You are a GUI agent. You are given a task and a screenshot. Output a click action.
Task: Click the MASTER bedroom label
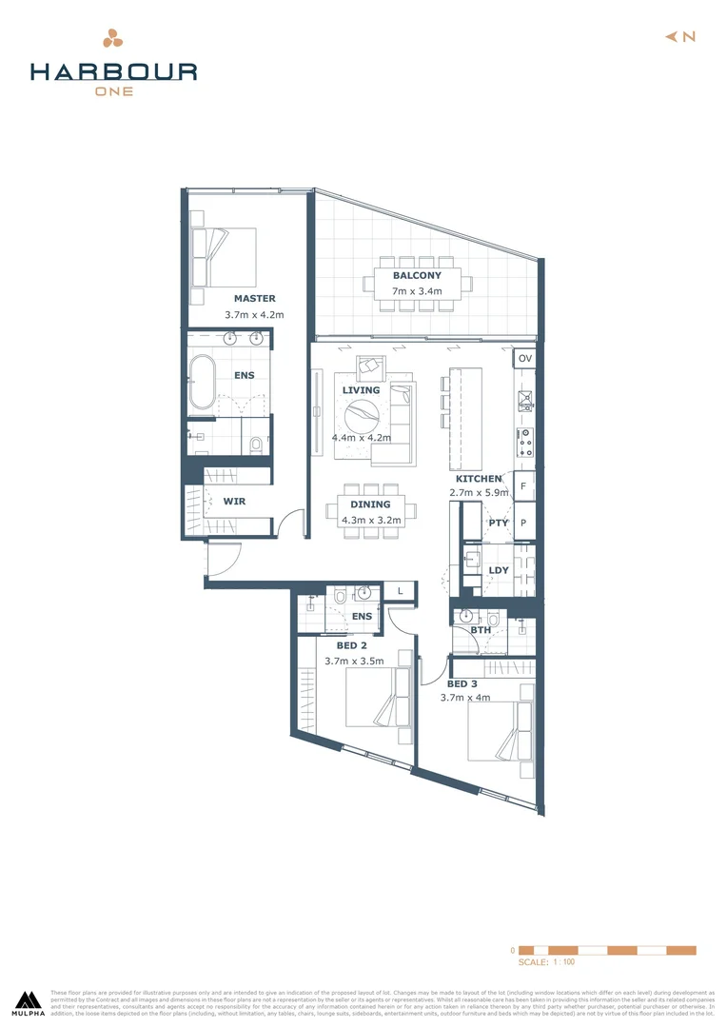click(254, 298)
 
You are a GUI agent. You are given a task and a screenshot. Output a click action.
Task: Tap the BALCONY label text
click(417, 275)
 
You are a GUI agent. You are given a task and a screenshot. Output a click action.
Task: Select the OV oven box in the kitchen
click(525, 359)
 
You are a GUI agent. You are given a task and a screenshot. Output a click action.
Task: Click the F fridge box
click(524, 485)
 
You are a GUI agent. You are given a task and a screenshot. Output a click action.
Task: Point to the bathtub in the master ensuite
click(203, 383)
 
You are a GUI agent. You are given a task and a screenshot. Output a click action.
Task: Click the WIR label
click(235, 500)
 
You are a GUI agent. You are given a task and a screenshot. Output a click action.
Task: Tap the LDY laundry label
click(498, 571)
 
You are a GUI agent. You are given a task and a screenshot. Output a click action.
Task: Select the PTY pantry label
click(498, 523)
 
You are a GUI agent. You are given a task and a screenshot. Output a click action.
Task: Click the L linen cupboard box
click(400, 591)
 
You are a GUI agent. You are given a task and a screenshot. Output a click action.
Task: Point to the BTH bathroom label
click(481, 630)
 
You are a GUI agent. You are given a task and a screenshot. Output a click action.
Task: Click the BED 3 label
click(463, 683)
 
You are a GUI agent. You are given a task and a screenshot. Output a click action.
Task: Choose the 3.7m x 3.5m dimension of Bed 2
click(354, 661)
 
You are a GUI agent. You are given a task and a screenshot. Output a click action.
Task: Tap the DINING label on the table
click(370, 504)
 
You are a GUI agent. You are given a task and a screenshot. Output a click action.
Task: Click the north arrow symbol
click(679, 36)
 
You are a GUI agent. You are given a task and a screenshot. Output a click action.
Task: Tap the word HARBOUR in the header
click(113, 71)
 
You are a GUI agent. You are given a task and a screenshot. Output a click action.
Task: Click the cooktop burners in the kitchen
click(524, 442)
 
